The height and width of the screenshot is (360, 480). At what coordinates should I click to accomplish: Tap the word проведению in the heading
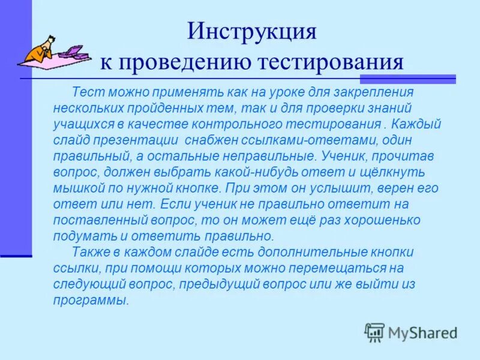pos(184,62)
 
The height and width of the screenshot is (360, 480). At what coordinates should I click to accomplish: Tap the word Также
pos(89,251)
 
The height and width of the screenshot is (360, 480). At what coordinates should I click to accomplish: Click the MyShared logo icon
pos(374,332)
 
